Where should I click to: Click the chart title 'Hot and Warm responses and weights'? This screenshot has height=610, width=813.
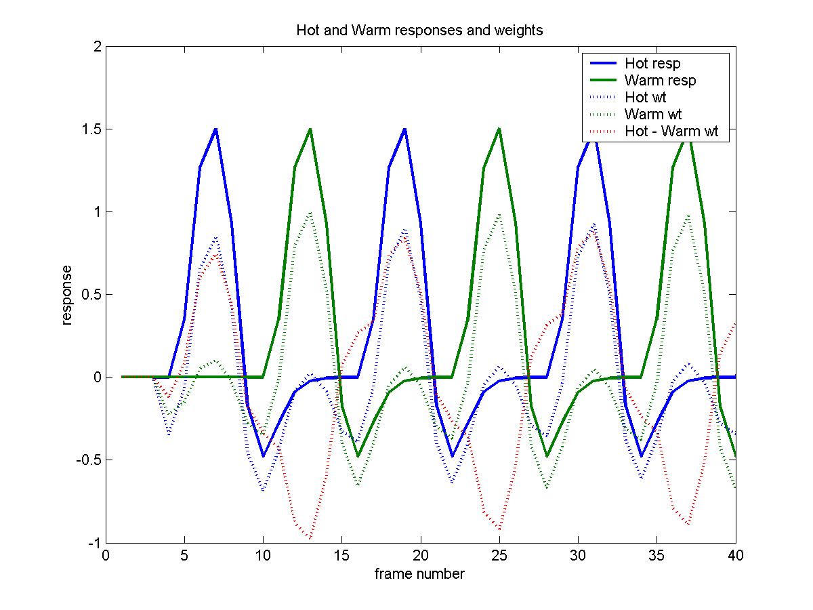tap(419, 30)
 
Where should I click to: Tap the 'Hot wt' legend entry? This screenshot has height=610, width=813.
tap(645, 98)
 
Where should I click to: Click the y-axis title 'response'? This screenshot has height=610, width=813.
tap(67, 295)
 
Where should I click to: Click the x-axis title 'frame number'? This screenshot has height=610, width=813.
tap(419, 575)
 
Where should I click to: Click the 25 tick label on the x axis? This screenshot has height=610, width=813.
tap(499, 556)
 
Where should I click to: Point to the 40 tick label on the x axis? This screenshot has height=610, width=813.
tap(735, 556)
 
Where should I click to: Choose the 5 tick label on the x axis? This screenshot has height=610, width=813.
tap(184, 556)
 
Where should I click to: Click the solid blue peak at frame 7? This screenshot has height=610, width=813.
tap(215, 129)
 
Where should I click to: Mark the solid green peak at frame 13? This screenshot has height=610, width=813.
tap(310, 129)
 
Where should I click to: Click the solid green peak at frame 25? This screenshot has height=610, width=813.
tap(499, 129)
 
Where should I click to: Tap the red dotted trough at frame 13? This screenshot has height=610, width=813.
tap(310, 539)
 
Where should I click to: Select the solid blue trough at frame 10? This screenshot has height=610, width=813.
tap(263, 456)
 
